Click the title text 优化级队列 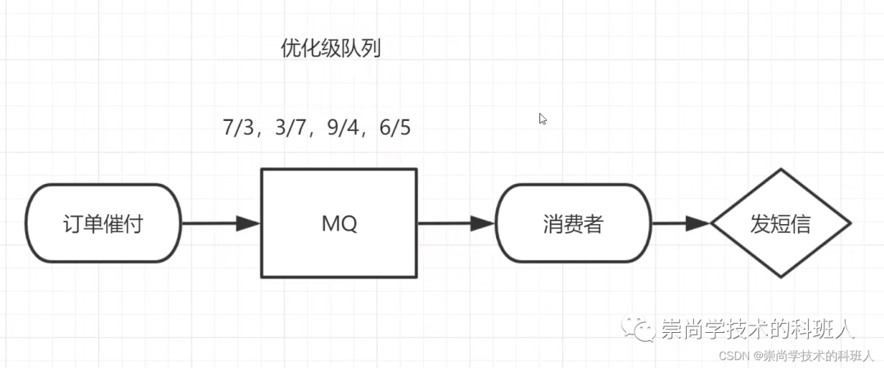point(331,50)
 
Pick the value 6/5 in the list point(395,128)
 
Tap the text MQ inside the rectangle point(340,224)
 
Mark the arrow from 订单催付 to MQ point(221,223)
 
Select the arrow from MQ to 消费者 point(457,223)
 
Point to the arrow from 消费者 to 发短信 point(681,223)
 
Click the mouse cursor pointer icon point(543,119)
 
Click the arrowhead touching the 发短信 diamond point(699,223)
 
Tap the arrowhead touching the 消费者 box point(484,223)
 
